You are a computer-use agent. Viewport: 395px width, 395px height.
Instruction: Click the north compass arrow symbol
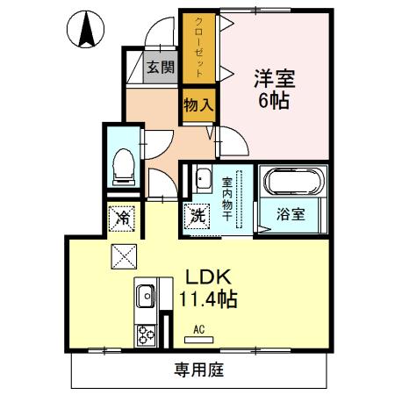click(87, 32)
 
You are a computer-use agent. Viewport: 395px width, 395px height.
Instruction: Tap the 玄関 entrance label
click(160, 67)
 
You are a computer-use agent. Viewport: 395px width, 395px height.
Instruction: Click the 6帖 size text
click(272, 102)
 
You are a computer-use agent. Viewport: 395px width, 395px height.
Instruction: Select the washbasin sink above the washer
click(202, 179)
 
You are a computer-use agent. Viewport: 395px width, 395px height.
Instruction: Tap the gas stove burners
click(144, 334)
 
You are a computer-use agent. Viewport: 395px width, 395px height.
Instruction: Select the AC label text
click(199, 328)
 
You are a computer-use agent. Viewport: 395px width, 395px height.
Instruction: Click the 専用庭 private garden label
click(198, 370)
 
